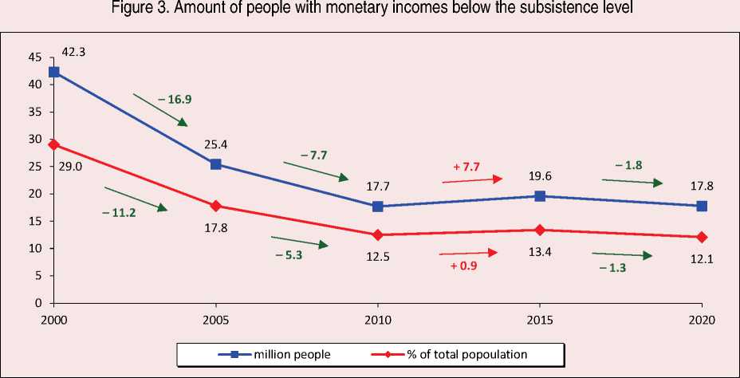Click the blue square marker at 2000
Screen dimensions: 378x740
[53, 72]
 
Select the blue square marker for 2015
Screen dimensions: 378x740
[540, 196]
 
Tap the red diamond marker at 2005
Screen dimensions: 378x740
[216, 206]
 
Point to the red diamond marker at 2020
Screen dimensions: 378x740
[702, 237]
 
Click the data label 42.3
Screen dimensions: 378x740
[73, 52]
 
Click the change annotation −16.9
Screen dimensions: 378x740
[175, 100]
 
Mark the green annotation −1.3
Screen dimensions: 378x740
[613, 268]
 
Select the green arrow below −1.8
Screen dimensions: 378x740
[632, 182]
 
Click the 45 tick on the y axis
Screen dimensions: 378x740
[34, 57]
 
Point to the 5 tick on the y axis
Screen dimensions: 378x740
[37, 276]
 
